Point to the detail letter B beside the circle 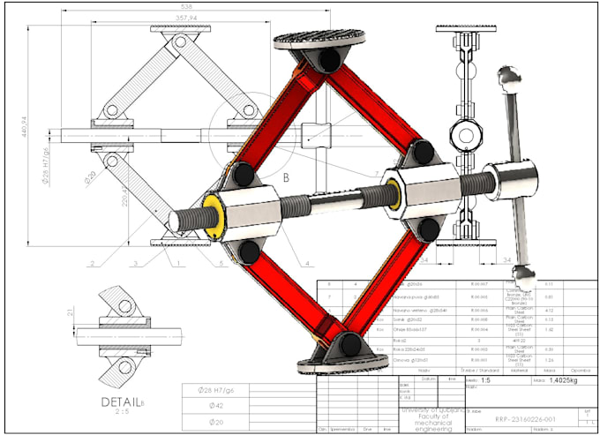[285, 175]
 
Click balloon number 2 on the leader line [91, 263]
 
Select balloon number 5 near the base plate [221, 263]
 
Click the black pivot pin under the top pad [332, 60]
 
